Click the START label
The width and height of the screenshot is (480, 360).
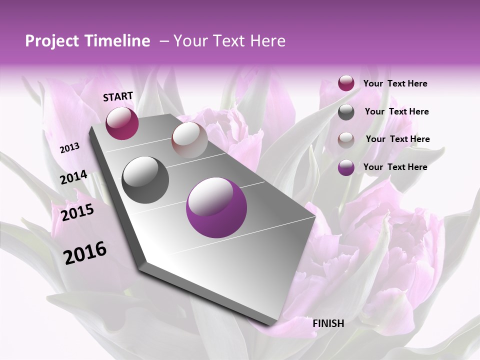click(118, 96)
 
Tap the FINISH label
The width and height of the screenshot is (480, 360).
click(328, 323)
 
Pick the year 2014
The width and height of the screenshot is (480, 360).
click(74, 177)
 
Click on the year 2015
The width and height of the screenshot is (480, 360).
click(77, 212)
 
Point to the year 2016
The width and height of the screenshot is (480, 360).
click(85, 252)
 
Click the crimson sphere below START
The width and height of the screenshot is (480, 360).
click(122, 123)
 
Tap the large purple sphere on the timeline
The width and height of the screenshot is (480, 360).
click(216, 208)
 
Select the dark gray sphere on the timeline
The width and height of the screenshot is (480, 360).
click(145, 180)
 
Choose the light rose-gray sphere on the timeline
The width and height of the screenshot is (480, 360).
click(189, 140)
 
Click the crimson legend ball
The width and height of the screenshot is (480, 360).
click(346, 83)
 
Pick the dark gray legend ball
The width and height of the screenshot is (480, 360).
click(346, 112)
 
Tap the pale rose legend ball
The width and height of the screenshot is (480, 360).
click(346, 140)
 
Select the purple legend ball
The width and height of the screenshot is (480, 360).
click(346, 167)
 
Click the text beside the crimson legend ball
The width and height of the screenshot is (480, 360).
click(395, 83)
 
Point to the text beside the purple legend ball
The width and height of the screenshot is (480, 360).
click(395, 167)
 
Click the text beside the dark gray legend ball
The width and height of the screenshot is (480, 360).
click(396, 111)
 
